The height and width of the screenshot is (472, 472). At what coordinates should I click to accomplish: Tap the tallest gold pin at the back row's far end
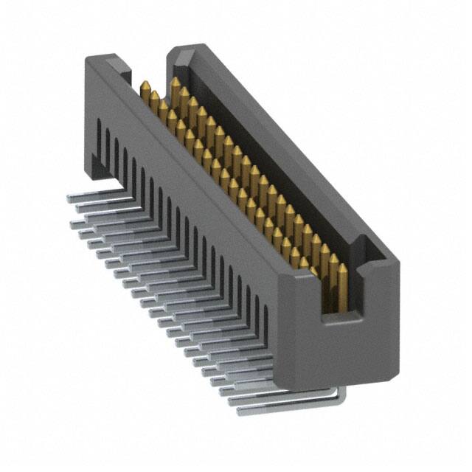point(176,81)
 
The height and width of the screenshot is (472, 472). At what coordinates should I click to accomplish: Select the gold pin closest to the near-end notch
point(333,264)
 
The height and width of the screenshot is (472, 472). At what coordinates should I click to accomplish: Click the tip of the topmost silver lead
point(69,198)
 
